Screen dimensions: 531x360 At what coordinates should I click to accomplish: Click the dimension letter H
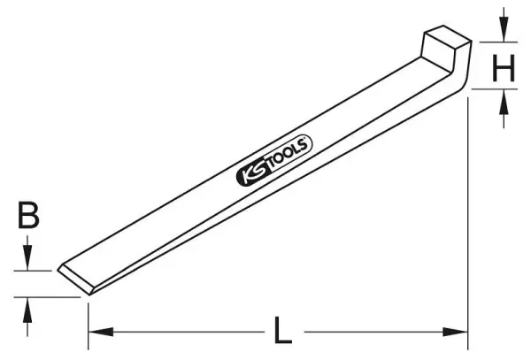(504, 68)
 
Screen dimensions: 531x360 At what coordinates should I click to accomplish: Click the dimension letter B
(28, 215)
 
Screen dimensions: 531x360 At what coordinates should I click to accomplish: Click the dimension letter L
(283, 331)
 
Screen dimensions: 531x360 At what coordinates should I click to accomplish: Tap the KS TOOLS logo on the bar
(274, 160)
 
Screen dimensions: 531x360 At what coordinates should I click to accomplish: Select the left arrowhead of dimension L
(101, 332)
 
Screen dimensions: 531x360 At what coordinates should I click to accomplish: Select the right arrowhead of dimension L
(456, 332)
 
